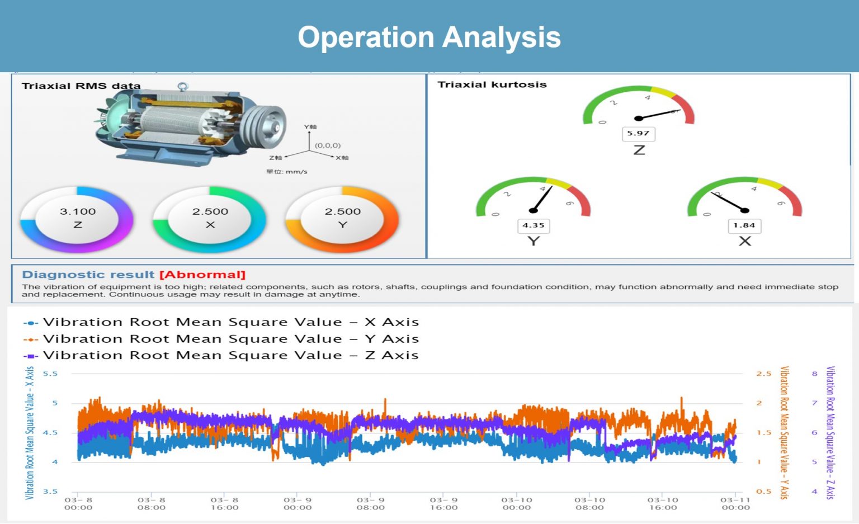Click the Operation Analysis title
[x=429, y=37]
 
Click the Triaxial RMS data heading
[x=81, y=86]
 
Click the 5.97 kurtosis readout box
[x=638, y=134]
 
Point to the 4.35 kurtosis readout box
[x=534, y=225]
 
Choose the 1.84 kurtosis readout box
[x=744, y=225]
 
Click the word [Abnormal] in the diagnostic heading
[x=202, y=275]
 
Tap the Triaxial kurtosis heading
[x=492, y=84]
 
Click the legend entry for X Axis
[x=221, y=322]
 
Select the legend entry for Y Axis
[x=221, y=339]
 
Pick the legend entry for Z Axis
[x=221, y=356]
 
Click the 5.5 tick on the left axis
[x=50, y=374]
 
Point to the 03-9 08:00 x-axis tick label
[x=371, y=504]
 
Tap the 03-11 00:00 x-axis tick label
[x=735, y=504]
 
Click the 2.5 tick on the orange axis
[x=763, y=374]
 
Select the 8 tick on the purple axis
[x=814, y=374]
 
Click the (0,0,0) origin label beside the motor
[x=328, y=145]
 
